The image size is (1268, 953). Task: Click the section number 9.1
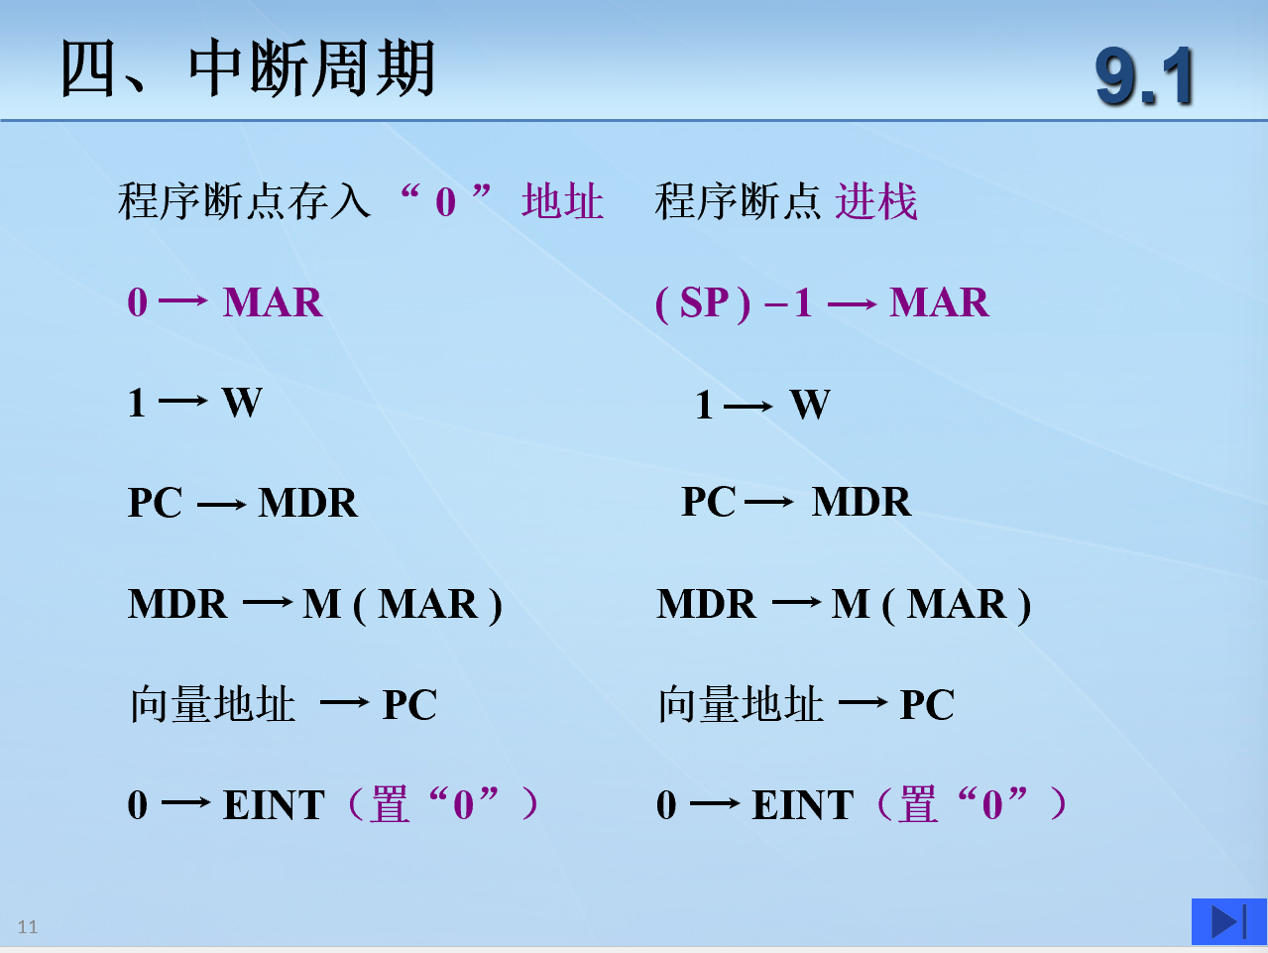click(1144, 76)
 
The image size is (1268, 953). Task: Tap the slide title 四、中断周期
click(248, 68)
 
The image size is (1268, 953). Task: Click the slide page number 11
click(27, 927)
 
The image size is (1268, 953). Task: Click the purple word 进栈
click(875, 201)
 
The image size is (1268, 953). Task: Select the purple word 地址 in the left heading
click(562, 201)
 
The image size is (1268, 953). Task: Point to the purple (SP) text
click(703, 302)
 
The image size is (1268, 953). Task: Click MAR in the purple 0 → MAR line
click(273, 302)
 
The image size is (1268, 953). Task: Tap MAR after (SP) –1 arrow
click(939, 302)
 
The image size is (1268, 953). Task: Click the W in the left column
click(242, 403)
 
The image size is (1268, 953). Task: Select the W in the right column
click(810, 405)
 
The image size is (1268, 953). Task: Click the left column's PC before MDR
click(155, 503)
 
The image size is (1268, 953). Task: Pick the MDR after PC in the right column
click(862, 502)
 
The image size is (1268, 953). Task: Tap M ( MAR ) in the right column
click(931, 605)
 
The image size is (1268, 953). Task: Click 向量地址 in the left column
click(213, 704)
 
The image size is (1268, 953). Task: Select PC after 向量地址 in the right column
click(927, 705)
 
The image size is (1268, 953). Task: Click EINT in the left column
click(274, 805)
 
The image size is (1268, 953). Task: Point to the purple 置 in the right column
click(918, 804)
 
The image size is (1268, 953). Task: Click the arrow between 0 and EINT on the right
click(715, 803)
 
